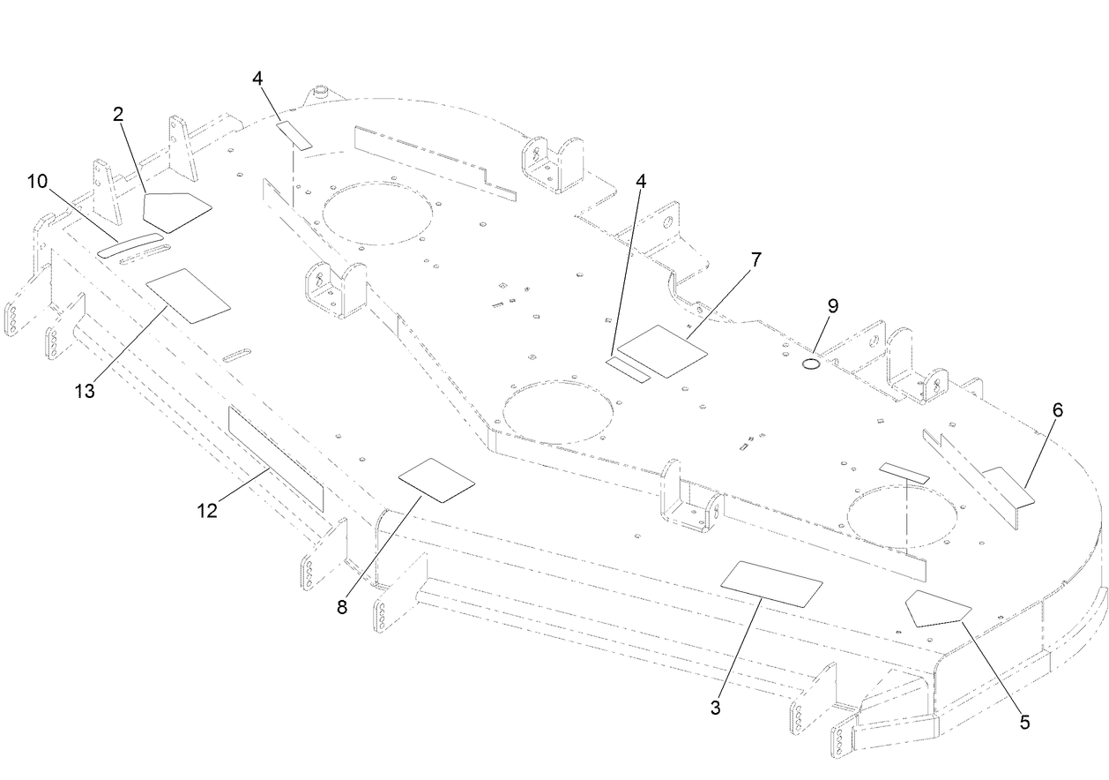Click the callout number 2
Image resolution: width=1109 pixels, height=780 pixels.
point(118,113)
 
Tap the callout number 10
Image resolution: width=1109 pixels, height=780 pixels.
point(37,182)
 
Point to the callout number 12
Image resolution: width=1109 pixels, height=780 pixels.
point(207,511)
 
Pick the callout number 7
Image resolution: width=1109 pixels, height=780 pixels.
point(755,259)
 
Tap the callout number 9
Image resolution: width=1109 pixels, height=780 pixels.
point(832,305)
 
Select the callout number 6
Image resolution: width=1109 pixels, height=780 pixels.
point(1057,409)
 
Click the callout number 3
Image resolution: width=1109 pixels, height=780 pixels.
point(716,708)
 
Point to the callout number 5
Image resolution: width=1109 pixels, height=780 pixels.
point(1024,721)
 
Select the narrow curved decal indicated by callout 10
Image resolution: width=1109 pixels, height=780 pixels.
point(130,246)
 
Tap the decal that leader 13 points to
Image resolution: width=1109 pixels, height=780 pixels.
point(188,295)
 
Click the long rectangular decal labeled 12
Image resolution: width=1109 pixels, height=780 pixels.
point(276,458)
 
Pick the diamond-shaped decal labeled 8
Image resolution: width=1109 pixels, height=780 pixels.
point(436,480)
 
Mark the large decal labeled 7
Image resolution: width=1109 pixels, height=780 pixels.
point(663,351)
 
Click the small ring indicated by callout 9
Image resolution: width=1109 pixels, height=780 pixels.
point(811,364)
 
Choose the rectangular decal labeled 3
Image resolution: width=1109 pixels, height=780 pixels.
point(772,583)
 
